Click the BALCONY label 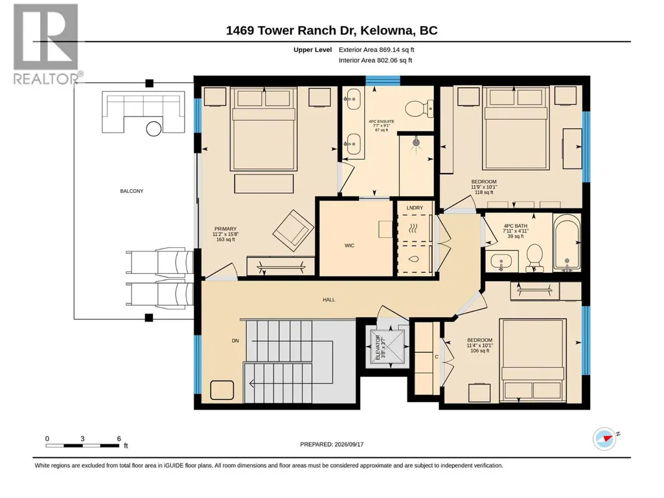point(132,191)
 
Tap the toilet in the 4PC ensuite point(419,109)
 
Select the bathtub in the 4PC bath point(567,243)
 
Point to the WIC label point(349,245)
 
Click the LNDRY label point(415,207)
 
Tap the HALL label point(328,299)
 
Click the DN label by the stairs point(235,341)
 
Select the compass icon point(604,438)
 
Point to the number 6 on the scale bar point(119,438)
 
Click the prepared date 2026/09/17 point(349,444)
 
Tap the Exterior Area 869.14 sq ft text point(376,50)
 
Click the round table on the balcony point(154,129)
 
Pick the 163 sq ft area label point(225,240)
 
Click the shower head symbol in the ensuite point(417,141)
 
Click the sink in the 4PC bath point(501,261)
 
